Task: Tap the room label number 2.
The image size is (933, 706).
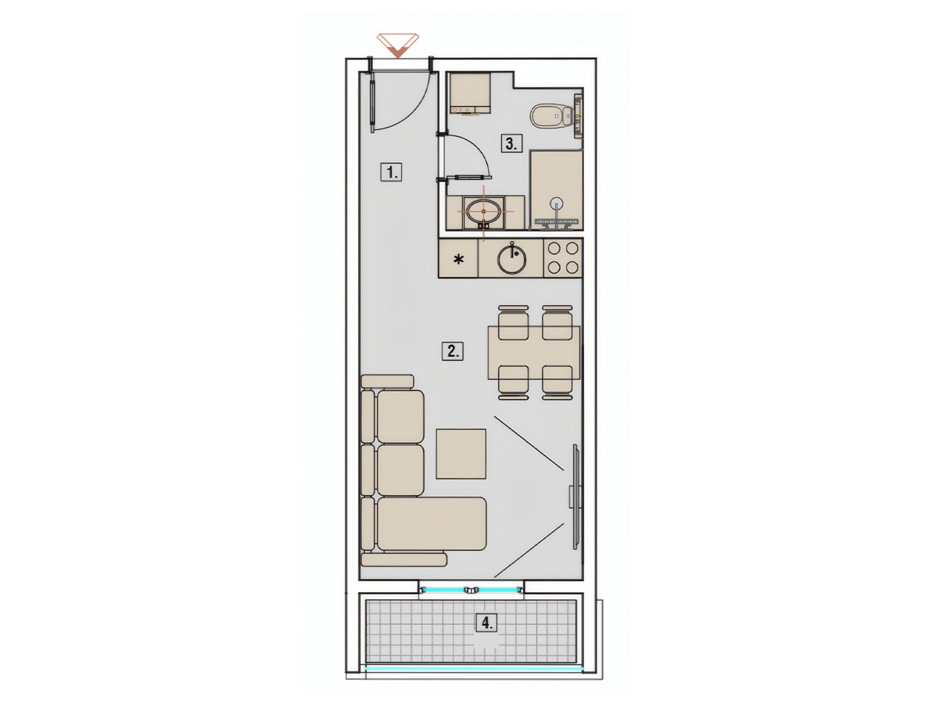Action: tap(453, 351)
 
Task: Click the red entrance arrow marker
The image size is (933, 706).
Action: tap(398, 46)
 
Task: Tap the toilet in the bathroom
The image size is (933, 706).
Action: tap(552, 115)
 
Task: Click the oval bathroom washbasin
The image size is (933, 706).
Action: tap(483, 211)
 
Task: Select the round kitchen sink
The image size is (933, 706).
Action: tap(512, 258)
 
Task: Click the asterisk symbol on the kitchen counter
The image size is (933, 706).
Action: tap(458, 259)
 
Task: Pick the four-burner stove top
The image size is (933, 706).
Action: tap(563, 258)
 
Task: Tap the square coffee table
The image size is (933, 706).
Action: tap(461, 454)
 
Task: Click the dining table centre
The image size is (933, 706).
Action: tap(534, 352)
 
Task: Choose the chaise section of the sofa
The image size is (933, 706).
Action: tap(432, 524)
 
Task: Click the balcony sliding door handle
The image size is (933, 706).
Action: tap(471, 590)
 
